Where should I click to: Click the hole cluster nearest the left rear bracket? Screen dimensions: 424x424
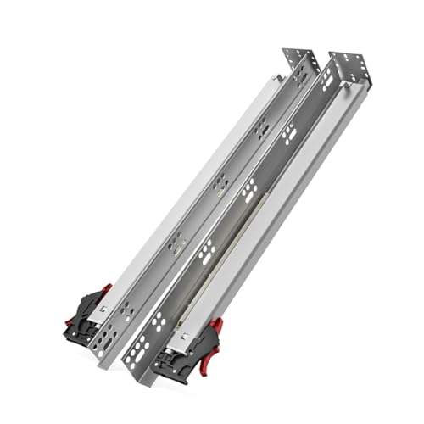point(299,78)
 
